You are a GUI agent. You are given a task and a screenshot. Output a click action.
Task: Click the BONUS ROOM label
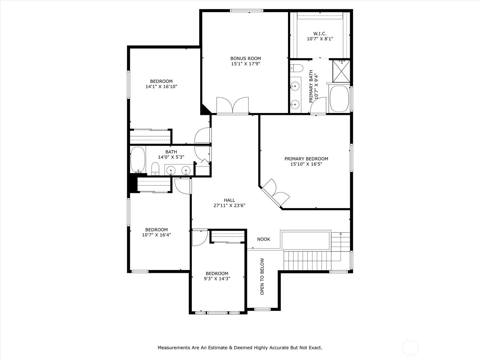click(x=246, y=58)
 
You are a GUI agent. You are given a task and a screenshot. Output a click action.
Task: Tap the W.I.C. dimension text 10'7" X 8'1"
click(x=320, y=39)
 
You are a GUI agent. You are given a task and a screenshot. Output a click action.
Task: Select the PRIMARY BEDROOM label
click(x=306, y=159)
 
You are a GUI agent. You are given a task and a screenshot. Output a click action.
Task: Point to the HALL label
click(x=229, y=200)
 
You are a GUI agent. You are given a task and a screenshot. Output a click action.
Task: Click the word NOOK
click(x=263, y=239)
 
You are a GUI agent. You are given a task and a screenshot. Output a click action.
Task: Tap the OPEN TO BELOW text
click(x=262, y=277)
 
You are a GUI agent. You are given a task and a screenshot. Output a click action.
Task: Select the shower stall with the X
click(x=341, y=71)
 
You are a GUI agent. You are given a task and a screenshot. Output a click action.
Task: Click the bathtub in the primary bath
click(x=339, y=99)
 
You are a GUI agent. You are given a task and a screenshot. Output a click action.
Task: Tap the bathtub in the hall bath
click(x=138, y=160)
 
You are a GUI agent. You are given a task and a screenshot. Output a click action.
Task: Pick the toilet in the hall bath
click(x=155, y=169)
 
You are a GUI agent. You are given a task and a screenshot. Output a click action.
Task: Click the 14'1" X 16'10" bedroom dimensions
click(x=161, y=87)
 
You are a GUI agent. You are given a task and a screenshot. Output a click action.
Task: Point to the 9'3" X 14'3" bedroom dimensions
click(x=217, y=279)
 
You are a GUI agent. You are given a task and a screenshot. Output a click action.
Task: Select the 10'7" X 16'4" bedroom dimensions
click(x=156, y=235)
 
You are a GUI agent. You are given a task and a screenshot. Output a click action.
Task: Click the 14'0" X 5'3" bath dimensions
click(x=171, y=157)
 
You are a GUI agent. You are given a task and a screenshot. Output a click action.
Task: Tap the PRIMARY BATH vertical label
click(x=311, y=86)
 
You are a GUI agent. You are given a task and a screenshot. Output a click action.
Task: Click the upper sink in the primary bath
click(x=295, y=86)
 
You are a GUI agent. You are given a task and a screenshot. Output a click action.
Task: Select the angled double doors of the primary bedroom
click(x=276, y=193)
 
